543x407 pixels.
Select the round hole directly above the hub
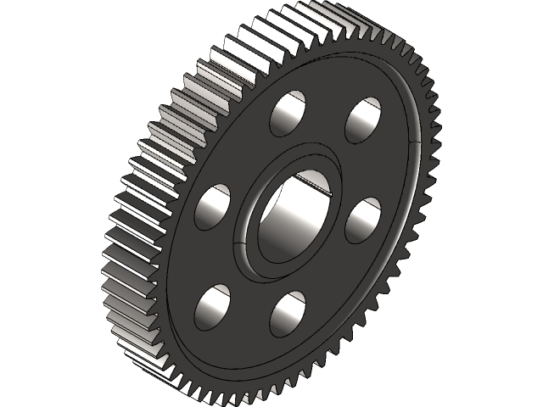pos(288,114)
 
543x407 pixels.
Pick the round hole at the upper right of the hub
pos(362,120)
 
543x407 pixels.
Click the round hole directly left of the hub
pos(212,208)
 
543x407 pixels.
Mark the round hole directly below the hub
pos(287,314)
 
